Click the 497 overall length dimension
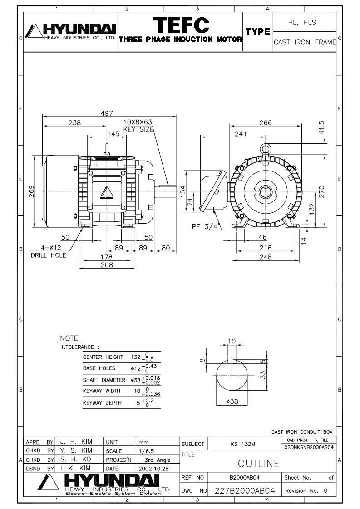pos(108,113)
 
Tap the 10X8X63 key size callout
pos(138,122)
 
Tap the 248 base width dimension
pos(266,257)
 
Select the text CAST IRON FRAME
pos(305,42)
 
